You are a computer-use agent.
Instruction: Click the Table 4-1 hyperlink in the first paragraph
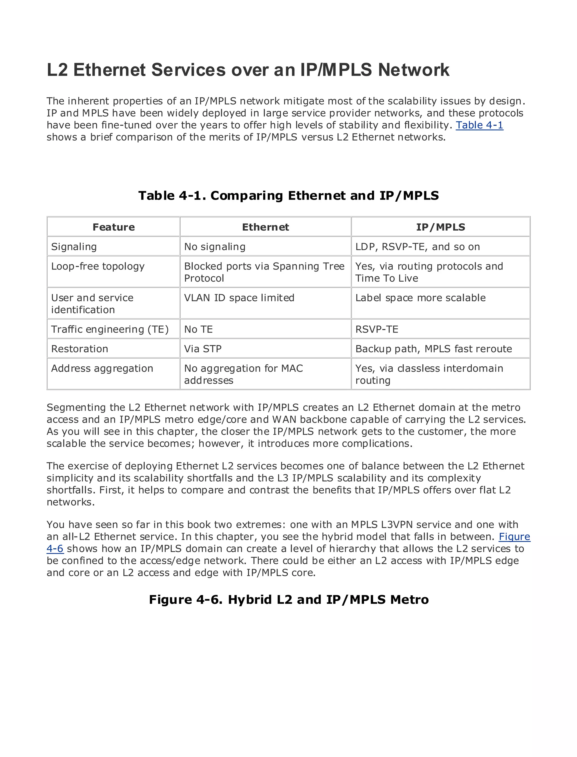tap(479, 125)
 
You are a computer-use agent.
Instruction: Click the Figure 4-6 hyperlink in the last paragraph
tap(514, 536)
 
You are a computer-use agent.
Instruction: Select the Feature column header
tap(114, 227)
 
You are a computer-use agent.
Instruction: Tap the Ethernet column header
tap(265, 227)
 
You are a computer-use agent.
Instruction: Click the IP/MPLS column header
tap(440, 227)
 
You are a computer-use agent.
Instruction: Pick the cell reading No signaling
tap(215, 246)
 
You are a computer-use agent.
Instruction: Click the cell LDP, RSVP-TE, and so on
tap(417, 246)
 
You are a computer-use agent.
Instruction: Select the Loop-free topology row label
tap(98, 266)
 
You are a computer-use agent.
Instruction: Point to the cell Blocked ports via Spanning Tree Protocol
tap(264, 272)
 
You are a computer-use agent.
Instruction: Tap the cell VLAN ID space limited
tap(239, 298)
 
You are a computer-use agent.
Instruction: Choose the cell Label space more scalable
tap(420, 298)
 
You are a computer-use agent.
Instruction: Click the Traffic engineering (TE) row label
tap(110, 329)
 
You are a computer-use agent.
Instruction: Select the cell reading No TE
tap(199, 329)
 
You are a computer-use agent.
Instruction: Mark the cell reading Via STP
tap(203, 349)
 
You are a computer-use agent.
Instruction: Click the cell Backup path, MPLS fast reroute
tap(433, 349)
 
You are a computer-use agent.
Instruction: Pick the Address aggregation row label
tap(102, 368)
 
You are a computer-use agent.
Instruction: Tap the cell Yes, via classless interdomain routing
tap(429, 374)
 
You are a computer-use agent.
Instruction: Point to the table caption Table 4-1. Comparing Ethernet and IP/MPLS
tap(288, 195)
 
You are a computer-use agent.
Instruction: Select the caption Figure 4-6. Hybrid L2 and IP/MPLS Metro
tap(288, 599)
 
